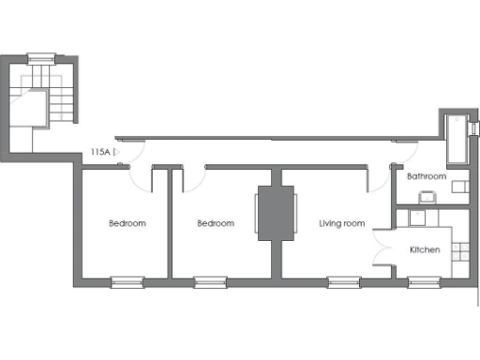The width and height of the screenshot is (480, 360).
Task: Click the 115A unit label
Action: click(100, 150)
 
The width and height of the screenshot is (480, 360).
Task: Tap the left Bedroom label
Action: click(127, 223)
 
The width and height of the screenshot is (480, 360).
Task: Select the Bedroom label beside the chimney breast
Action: click(216, 223)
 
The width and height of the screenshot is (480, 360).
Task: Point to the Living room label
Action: click(341, 223)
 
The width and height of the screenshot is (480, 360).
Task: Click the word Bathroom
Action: click(427, 176)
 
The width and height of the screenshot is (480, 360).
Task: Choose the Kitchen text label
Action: click(425, 250)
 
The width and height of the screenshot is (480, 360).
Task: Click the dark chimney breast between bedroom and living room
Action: click(277, 214)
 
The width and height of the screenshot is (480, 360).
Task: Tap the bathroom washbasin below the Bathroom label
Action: click(427, 196)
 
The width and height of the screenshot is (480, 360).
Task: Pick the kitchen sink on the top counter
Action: click(417, 217)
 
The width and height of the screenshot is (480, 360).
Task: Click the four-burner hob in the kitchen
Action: click(459, 249)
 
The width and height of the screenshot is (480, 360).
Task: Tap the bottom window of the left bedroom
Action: click(127, 280)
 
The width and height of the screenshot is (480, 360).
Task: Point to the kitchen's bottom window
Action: click(424, 280)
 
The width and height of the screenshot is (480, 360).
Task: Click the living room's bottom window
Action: click(343, 280)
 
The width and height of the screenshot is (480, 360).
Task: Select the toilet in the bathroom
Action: click(460, 187)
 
